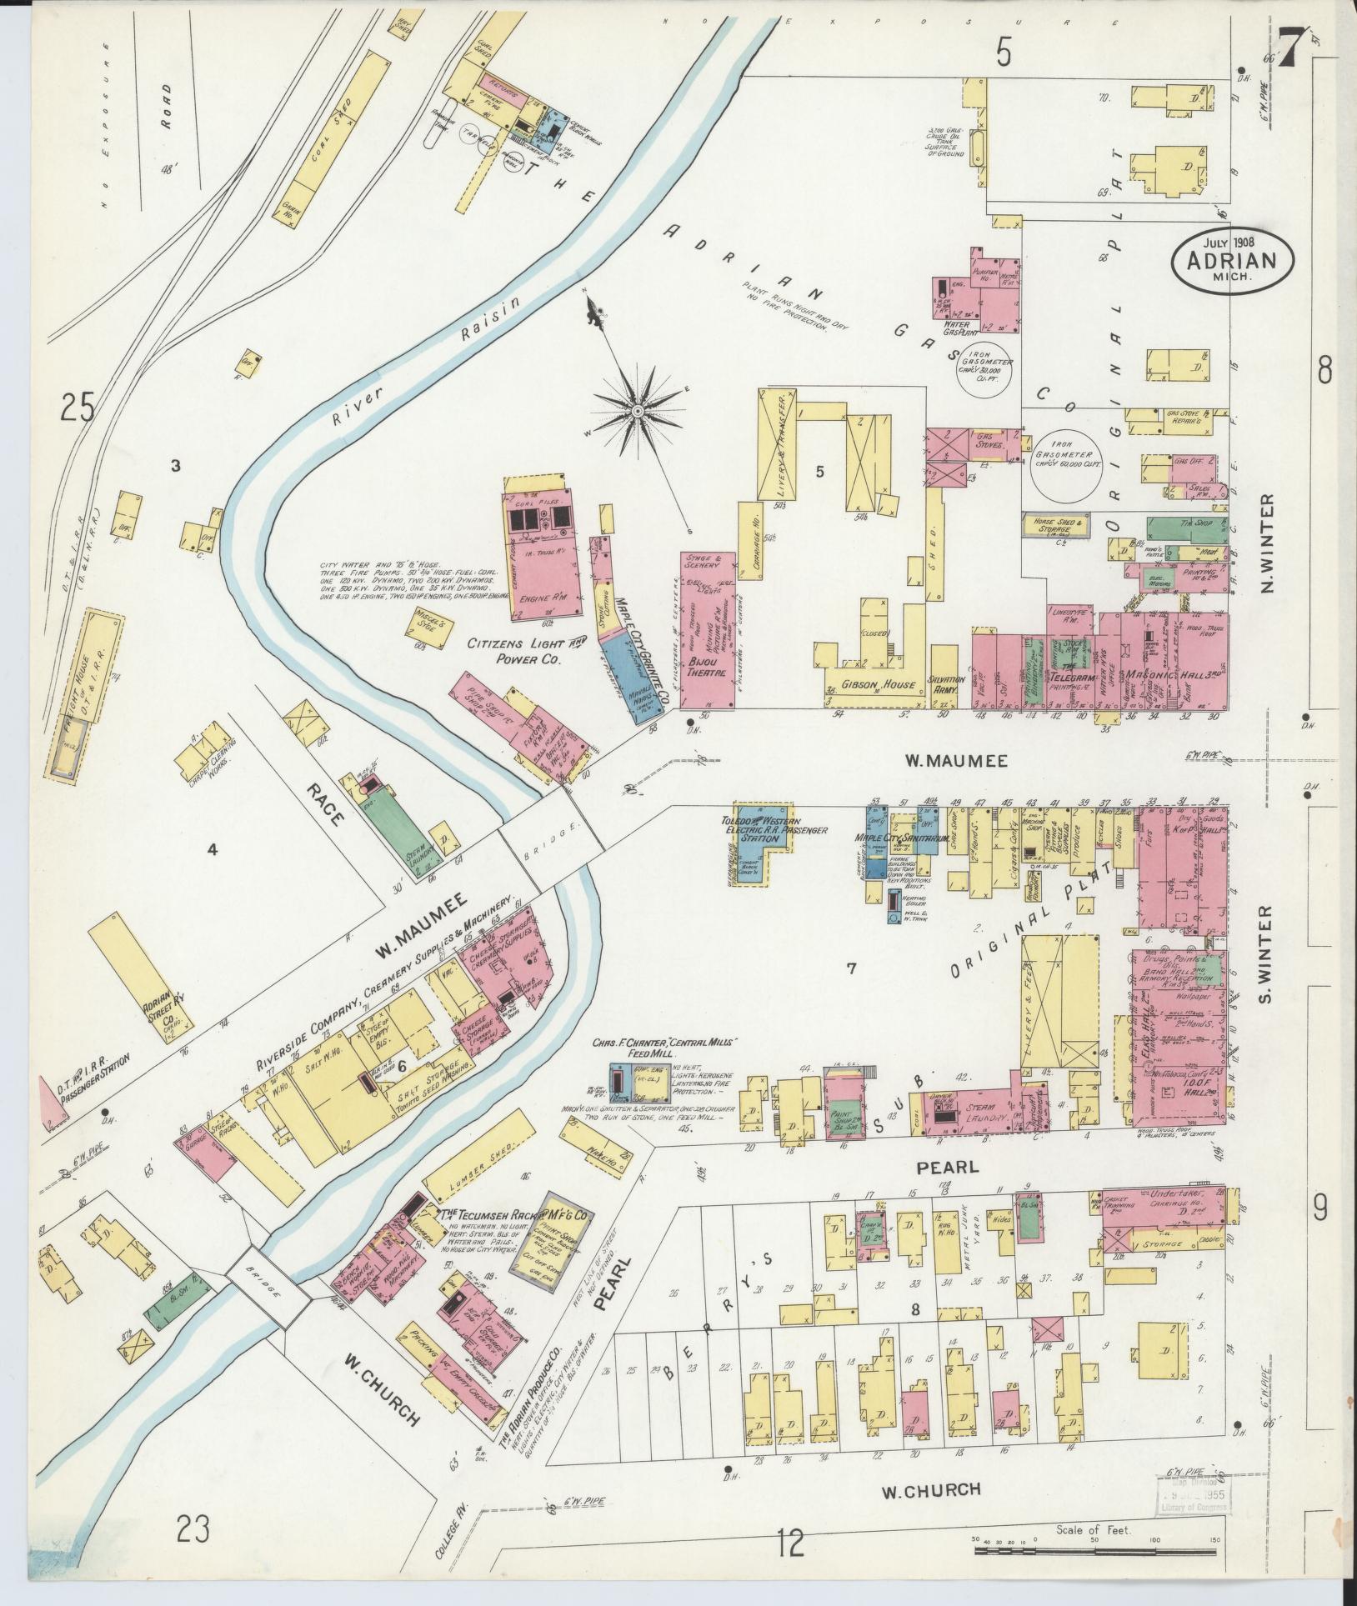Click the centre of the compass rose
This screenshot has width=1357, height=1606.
click(637, 411)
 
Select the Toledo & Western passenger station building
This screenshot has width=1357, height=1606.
click(763, 833)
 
